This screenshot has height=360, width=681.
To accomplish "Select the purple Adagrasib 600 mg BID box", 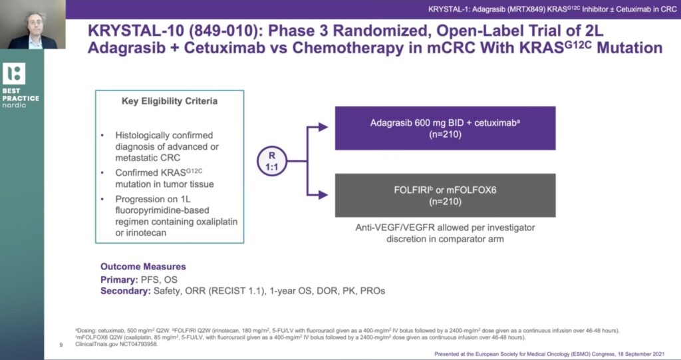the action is pos(445,128).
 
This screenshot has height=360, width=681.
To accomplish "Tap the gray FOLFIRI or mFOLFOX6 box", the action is pos(445,195).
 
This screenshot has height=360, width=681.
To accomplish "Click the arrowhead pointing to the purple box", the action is pos(323,127).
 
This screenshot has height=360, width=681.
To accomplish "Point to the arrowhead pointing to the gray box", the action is pos(323,195).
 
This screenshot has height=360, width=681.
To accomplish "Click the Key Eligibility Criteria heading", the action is pos(170,101).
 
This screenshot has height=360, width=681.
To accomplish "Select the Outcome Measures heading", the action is pos(144,267).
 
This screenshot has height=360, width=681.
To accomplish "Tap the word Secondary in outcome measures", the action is pos(126,291).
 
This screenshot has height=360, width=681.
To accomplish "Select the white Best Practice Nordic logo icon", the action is pos(14,73).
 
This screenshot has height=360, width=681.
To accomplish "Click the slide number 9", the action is pos(61,345).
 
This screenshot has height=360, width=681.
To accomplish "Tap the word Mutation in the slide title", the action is pos(630,48).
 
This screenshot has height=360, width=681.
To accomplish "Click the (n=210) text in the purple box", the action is pos(445,134).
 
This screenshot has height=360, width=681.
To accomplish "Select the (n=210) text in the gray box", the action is pos(445,202).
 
